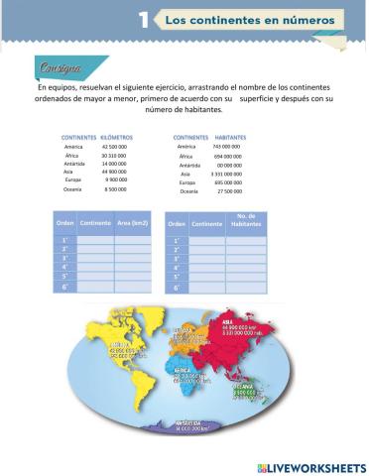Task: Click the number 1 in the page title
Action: (145, 20)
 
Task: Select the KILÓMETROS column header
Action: (117, 136)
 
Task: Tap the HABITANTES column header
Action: (230, 136)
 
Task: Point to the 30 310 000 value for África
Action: (114, 156)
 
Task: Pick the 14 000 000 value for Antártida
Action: (114, 165)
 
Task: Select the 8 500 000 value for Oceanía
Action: (115, 187)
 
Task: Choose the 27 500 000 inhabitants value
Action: (229, 191)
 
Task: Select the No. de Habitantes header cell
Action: (244, 223)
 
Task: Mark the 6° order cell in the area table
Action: (63, 288)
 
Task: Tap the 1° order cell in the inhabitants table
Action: (177, 240)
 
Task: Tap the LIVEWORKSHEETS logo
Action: (310, 465)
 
